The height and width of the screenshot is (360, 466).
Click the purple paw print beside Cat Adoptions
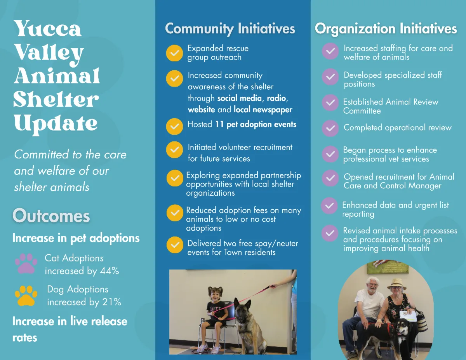tap(26, 264)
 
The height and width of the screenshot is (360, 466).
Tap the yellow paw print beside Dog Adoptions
tap(26, 296)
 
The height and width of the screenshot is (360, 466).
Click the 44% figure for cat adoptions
tap(110, 271)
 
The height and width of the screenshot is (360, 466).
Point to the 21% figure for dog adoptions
tap(111, 302)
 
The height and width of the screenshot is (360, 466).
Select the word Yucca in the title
tap(47, 28)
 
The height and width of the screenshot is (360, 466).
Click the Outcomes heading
tap(51, 216)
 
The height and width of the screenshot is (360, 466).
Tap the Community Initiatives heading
tap(230, 29)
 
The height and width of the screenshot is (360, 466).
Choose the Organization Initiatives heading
tap(386, 29)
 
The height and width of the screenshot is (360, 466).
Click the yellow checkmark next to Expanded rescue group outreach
tap(174, 53)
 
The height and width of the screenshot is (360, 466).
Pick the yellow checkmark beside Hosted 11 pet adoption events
tap(174, 126)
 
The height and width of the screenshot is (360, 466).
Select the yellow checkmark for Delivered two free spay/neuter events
tap(175, 245)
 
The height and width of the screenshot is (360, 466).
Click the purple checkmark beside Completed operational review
tap(330, 128)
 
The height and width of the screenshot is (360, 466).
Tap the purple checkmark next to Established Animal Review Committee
tap(330, 103)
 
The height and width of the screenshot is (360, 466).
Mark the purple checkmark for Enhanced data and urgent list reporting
tap(329, 205)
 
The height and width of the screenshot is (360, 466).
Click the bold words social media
tap(239, 98)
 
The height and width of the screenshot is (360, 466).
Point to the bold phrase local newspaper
tap(263, 110)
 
